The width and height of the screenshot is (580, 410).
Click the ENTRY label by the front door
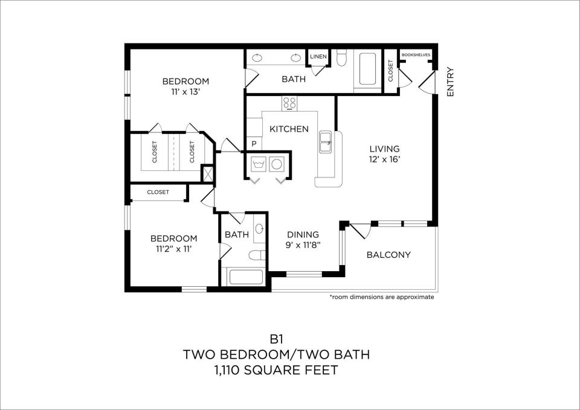pyautogui.click(x=450, y=82)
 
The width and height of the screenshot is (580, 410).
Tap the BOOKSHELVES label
pyautogui.click(x=416, y=55)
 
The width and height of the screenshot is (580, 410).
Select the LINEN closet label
pyautogui.click(x=318, y=57)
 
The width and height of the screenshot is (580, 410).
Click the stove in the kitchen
pyautogui.click(x=289, y=103)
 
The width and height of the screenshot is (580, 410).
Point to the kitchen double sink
pyautogui.click(x=326, y=141)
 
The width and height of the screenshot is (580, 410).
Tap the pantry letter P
pyautogui.click(x=254, y=144)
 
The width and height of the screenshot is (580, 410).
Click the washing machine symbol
pyautogui.click(x=258, y=163)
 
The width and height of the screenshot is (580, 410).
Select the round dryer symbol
pyautogui.click(x=276, y=164)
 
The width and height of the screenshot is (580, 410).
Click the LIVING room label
pyautogui.click(x=385, y=149)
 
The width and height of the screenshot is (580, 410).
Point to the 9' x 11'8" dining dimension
pyautogui.click(x=303, y=245)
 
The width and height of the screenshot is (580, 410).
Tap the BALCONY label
pyautogui.click(x=388, y=255)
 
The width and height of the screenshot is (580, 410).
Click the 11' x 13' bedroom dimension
pyautogui.click(x=185, y=92)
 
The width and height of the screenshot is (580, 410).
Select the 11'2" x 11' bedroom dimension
pyautogui.click(x=173, y=249)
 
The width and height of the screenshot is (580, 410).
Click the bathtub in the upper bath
pyautogui.click(x=368, y=69)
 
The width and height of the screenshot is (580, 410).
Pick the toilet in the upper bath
pyautogui.click(x=341, y=58)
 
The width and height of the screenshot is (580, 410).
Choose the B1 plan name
pyautogui.click(x=276, y=339)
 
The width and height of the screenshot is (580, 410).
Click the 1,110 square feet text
pyautogui.click(x=276, y=370)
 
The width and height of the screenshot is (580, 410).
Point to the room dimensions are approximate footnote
pyautogui.click(x=382, y=297)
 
